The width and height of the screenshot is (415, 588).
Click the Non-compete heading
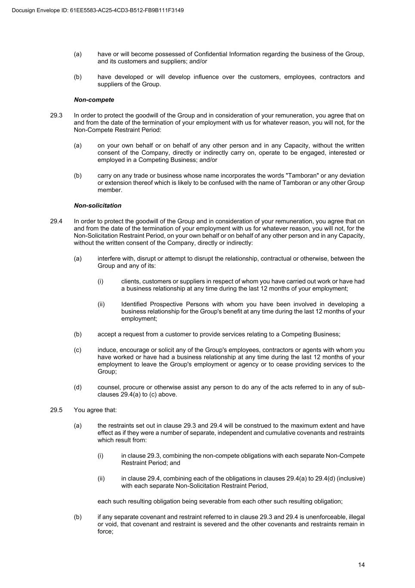pos(94,100)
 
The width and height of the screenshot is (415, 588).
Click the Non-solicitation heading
pos(98,206)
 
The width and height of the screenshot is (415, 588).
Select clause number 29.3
pos(56,115)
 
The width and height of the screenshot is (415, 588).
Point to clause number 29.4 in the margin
pos(56,221)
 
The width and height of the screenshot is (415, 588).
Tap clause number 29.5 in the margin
pos(56,410)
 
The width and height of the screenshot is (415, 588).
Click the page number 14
pos(361,565)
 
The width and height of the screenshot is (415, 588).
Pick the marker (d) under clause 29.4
pos(77,387)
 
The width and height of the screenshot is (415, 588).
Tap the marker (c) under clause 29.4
pos(77,350)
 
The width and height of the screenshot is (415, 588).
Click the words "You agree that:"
pos(95,410)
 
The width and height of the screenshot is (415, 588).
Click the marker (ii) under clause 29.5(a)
pos(101,479)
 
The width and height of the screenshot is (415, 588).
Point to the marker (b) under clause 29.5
pos(77,517)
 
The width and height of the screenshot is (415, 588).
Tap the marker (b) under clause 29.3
pos(77,176)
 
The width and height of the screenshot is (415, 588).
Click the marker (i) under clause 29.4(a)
pos(100,282)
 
